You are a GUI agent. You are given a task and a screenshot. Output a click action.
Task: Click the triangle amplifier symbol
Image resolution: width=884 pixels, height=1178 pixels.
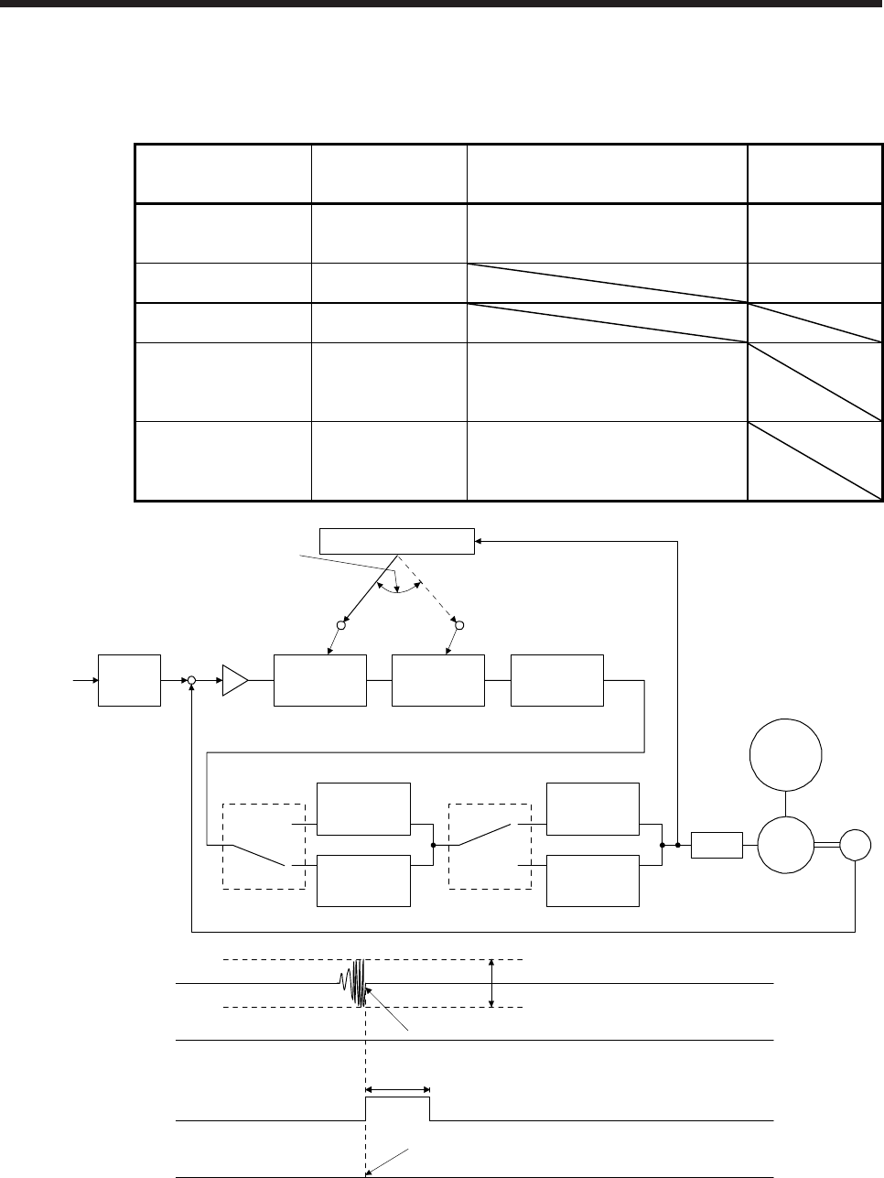click(235, 681)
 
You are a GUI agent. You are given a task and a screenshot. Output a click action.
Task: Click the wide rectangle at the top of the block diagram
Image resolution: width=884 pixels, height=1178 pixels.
click(396, 540)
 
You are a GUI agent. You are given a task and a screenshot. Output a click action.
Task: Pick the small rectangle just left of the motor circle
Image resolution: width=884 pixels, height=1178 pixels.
click(717, 845)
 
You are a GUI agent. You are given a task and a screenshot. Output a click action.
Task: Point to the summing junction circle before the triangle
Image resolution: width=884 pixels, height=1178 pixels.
click(192, 681)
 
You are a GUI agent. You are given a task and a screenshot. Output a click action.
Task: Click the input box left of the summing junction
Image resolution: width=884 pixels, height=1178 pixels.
click(130, 680)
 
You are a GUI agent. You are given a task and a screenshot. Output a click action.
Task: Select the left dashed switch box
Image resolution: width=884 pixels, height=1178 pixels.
click(264, 846)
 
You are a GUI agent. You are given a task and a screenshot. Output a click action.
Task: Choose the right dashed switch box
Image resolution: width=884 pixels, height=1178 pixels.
click(491, 846)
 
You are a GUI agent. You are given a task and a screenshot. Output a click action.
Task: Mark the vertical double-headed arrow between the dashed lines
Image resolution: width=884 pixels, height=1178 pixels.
click(492, 983)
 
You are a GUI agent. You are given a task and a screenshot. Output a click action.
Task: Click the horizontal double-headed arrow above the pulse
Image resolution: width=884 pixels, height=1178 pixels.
click(398, 1089)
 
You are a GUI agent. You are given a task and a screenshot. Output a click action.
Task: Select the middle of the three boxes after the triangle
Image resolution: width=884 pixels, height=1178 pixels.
click(437, 680)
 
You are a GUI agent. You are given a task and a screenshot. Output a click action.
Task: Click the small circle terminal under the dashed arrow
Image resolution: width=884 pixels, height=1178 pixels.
click(460, 625)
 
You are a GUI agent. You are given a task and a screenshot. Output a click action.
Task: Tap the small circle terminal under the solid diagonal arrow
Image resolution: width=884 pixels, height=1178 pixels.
click(341, 625)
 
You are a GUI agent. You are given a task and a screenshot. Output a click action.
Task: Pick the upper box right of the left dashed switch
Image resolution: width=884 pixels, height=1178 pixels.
click(363, 808)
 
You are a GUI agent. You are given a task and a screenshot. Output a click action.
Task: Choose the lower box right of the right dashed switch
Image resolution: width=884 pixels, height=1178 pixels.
click(592, 881)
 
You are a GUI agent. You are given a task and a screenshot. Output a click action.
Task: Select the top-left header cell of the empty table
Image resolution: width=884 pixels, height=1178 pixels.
click(222, 173)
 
